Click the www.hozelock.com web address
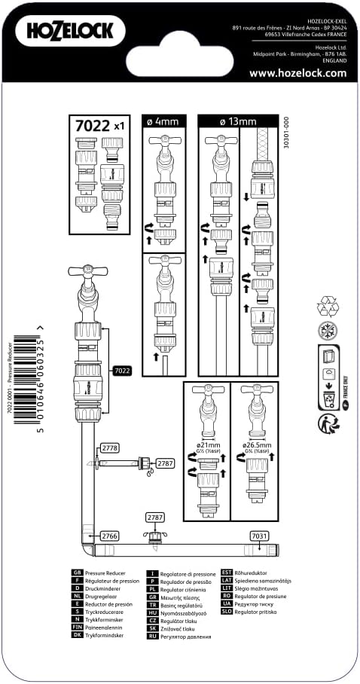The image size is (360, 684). (297, 73)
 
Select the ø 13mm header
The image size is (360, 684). (238, 121)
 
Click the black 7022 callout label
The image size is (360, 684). (121, 371)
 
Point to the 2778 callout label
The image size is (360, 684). (109, 448)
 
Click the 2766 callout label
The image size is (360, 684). (109, 535)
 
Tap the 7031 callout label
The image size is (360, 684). (258, 535)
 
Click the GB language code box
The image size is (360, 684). (76, 574)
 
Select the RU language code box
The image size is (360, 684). (151, 637)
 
